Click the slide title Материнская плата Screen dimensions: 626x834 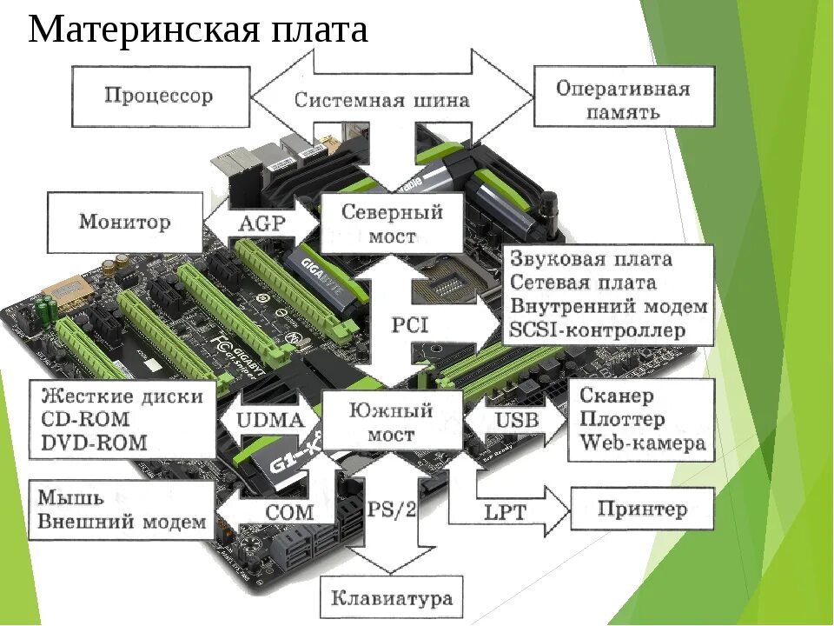pyautogui.click(x=198, y=30)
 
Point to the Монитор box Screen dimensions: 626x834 pyautogui.click(x=125, y=222)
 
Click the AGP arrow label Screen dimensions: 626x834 pyautogui.click(x=261, y=223)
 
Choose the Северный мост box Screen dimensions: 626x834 pyautogui.click(x=392, y=223)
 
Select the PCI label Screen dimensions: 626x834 pyautogui.click(x=409, y=325)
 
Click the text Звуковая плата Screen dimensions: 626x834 pyautogui.click(x=591, y=259)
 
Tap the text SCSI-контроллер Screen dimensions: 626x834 pyautogui.click(x=598, y=331)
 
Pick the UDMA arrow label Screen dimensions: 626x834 pyautogui.click(x=270, y=421)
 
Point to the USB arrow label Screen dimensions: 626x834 pyautogui.click(x=517, y=421)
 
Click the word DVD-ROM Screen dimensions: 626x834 pyautogui.click(x=94, y=443)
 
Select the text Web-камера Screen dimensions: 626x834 pyautogui.click(x=642, y=443)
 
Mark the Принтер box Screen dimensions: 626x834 pyautogui.click(x=642, y=509)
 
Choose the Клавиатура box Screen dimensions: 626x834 pyautogui.click(x=392, y=598)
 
